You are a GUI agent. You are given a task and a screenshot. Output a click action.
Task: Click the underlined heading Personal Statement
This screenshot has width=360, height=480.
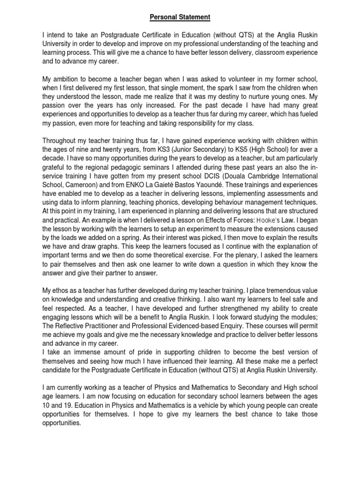(x=180, y=17)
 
